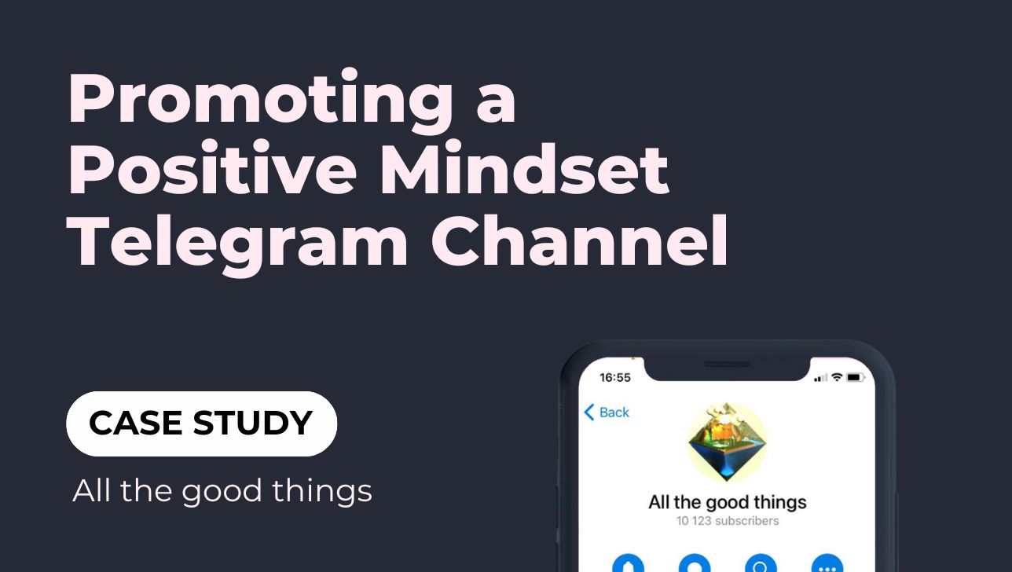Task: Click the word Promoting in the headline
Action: (x=261, y=101)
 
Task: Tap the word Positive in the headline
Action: (x=212, y=167)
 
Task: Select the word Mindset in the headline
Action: (x=524, y=167)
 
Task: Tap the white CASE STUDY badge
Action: (x=201, y=423)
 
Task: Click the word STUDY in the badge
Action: (x=252, y=423)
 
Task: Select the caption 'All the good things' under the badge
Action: (x=222, y=491)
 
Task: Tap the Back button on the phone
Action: (x=607, y=412)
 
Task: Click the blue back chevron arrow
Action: (x=589, y=412)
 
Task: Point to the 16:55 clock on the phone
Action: (x=615, y=377)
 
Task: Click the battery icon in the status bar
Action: (x=855, y=377)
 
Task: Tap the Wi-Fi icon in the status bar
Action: (x=837, y=377)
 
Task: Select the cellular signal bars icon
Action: (x=820, y=378)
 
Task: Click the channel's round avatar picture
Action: (x=727, y=442)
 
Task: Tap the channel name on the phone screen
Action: (x=728, y=502)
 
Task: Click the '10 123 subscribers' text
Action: (x=728, y=521)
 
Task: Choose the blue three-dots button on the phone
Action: (x=827, y=563)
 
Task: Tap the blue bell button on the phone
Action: (x=628, y=563)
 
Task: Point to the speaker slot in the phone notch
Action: (x=727, y=364)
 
